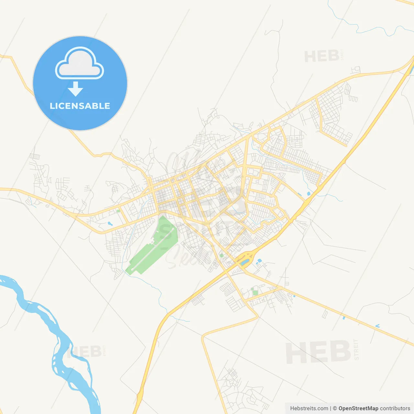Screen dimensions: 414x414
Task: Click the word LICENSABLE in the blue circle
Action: [x=80, y=106]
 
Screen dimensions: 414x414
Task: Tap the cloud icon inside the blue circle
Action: [x=80, y=64]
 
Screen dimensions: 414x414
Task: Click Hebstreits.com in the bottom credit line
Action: [x=309, y=409]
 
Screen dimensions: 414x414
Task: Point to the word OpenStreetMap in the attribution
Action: [x=358, y=409]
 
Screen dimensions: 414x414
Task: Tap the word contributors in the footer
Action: [x=395, y=409]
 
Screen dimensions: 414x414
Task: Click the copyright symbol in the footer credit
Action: [x=335, y=409]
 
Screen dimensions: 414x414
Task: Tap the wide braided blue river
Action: [x=42, y=310]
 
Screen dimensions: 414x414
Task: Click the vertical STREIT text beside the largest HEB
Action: [x=356, y=350]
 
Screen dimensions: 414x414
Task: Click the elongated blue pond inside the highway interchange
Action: [x=245, y=262]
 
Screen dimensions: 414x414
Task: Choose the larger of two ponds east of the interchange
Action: [x=259, y=261]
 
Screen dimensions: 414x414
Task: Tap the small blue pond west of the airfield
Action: [x=110, y=223]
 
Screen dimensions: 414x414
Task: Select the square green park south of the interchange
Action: [x=255, y=293]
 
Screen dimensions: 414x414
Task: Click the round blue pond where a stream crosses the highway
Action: [x=308, y=194]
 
